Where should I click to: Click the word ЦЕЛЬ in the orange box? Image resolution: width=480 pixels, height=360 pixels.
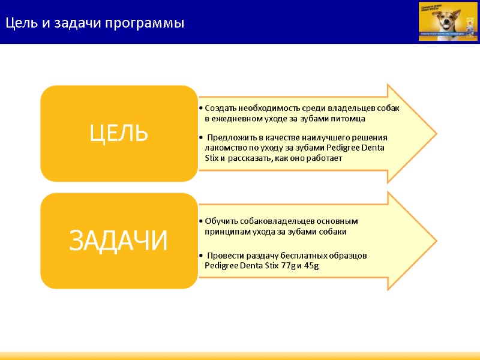click(x=119, y=133)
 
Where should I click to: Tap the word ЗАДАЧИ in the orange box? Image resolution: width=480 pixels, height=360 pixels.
click(x=119, y=241)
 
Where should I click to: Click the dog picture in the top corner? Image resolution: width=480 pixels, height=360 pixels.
click(x=448, y=21)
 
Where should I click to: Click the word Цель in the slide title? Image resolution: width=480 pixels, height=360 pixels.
click(x=22, y=23)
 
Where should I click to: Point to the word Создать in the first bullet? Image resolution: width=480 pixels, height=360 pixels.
click(x=220, y=108)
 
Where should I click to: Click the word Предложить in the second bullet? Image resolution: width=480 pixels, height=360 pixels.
click(x=229, y=137)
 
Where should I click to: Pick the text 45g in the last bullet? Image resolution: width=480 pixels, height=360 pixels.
click(x=311, y=265)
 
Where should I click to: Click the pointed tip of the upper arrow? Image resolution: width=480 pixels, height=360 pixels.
click(x=436, y=133)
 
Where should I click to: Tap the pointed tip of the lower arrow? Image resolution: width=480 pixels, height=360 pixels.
click(x=436, y=241)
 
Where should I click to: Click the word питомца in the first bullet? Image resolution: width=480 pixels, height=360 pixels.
click(x=349, y=118)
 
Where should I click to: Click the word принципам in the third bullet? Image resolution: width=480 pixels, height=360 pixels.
click(x=227, y=231)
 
